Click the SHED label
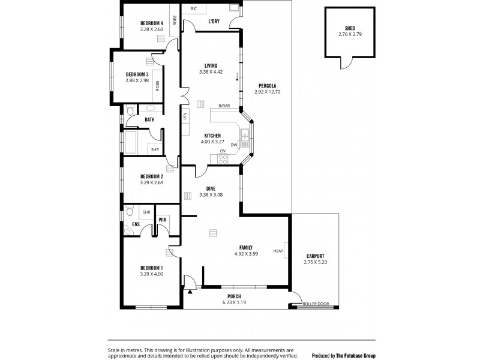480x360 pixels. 350,28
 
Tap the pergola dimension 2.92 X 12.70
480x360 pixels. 268,92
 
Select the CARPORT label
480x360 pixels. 315,256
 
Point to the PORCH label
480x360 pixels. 233,296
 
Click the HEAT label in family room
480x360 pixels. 278,251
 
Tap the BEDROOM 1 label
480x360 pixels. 151,268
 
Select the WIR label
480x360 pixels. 162,220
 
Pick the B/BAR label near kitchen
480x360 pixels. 224,106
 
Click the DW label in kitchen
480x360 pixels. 233,145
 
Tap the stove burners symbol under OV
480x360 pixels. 223,159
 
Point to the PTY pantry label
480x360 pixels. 185,115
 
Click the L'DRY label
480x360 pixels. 213,22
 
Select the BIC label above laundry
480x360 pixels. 193,9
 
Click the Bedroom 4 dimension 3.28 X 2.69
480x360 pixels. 151,29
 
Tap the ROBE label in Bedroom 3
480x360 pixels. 157,85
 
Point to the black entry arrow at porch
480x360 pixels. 191,291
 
